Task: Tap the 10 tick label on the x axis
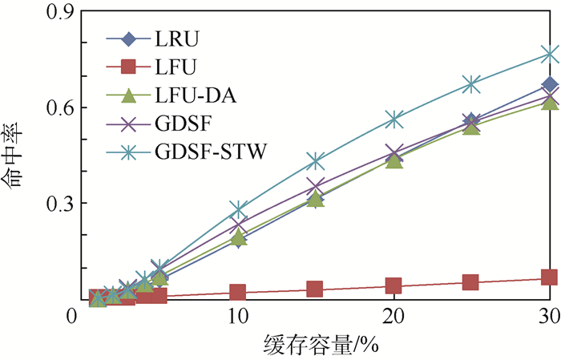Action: click(x=238, y=319)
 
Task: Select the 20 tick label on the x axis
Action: click(x=394, y=319)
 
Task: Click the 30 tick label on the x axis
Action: click(x=548, y=319)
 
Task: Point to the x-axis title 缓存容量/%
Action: click(x=320, y=346)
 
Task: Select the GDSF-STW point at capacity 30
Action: click(x=549, y=55)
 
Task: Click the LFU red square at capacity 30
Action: click(x=549, y=277)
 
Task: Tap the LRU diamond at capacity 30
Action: click(x=549, y=84)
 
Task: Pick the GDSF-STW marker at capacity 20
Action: click(x=394, y=119)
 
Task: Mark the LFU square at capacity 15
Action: click(x=316, y=289)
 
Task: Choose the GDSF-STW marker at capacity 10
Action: click(x=238, y=210)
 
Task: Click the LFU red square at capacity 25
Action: click(x=471, y=282)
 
